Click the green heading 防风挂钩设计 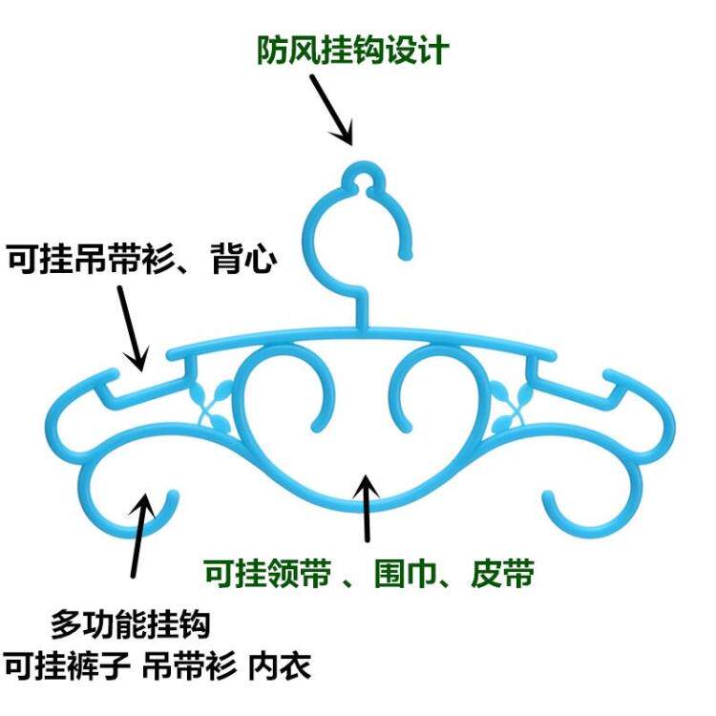pos(351,50)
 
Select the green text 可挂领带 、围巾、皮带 pos(368,575)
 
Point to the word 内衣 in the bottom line pos(289,665)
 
